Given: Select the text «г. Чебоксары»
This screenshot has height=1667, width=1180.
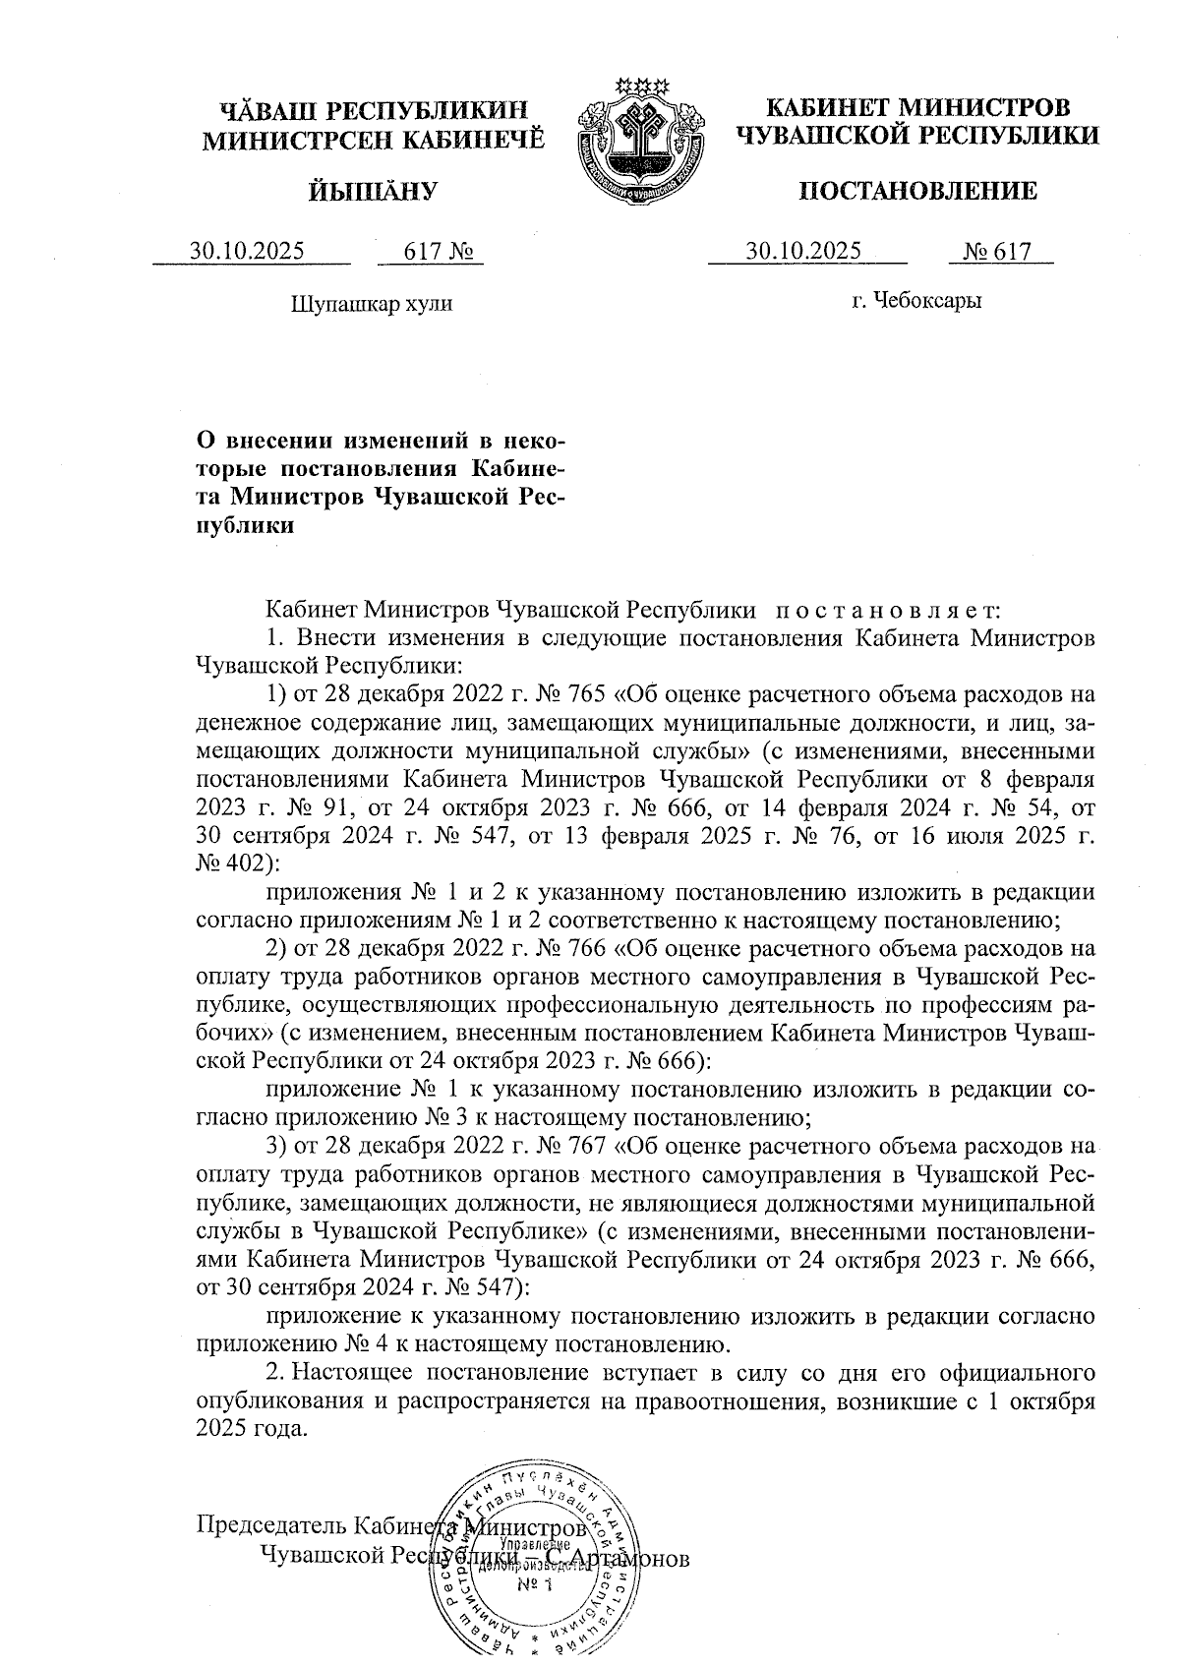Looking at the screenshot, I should pos(916,300).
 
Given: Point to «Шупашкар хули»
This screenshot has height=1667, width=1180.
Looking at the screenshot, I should pos(372,303).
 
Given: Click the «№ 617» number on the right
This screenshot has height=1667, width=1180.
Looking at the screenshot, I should pos(999,251).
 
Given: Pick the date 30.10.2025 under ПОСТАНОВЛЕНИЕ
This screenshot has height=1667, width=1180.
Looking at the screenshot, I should pos(803,251).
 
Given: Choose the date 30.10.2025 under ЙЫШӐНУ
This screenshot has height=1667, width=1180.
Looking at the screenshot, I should pos(248,252).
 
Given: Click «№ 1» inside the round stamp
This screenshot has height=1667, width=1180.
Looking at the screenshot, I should pos(537,1585).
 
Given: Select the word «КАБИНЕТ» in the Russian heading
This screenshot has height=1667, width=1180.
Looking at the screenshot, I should pos(838,107).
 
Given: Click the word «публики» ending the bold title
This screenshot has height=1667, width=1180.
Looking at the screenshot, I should pos(246,525).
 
